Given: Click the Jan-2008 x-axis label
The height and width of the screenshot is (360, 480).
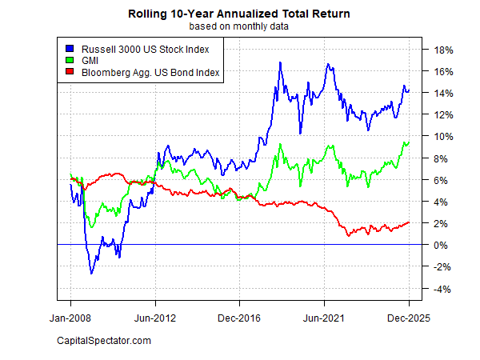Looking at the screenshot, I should (x=70, y=317).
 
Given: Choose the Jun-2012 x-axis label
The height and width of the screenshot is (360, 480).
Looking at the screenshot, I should (x=155, y=317).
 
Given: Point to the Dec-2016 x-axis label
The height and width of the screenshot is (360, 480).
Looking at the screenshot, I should (x=239, y=317).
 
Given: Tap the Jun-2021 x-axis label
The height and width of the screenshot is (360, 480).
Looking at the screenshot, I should (x=324, y=317).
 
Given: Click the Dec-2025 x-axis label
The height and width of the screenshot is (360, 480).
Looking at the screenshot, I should (x=409, y=317).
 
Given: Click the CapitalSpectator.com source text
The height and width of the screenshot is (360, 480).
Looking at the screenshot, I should (x=104, y=342).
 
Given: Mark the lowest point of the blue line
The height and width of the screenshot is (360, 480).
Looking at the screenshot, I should (x=91, y=274).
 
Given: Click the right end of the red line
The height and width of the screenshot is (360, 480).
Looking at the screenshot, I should (x=409, y=222).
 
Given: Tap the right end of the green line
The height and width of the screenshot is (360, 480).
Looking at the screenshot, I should (x=409, y=142).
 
